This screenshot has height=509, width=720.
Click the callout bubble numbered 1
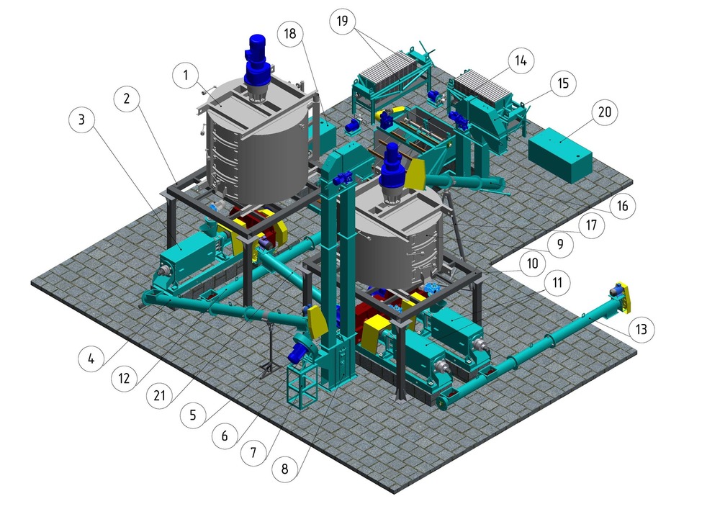186,75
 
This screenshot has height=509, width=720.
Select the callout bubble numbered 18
290,34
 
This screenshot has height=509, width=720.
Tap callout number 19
343,21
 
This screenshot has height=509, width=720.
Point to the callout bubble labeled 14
521,60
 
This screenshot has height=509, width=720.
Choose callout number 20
605,112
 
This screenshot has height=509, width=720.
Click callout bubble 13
641,329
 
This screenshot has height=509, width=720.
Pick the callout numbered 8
284,469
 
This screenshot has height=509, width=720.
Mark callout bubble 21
159,395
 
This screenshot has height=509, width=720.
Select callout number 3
82,120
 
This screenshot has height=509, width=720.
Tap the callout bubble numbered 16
622,206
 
